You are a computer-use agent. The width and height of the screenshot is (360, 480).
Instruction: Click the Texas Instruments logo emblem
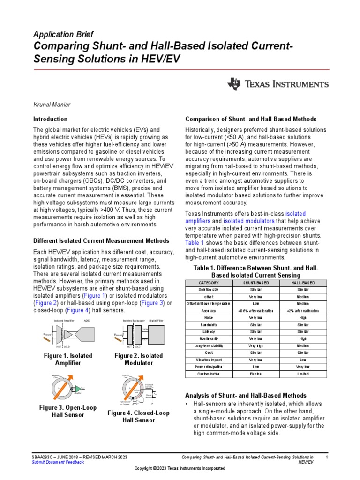point(234,84)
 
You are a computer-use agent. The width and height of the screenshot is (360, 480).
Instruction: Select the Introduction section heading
point(50,119)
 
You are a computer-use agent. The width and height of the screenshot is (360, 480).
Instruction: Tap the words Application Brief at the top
point(63,34)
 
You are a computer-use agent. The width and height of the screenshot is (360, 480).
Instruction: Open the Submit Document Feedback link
point(58,462)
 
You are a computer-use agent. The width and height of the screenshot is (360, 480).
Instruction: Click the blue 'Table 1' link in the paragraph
point(195,243)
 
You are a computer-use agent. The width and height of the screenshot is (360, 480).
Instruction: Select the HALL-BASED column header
point(299,283)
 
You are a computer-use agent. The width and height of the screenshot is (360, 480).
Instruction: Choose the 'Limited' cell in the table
point(299,374)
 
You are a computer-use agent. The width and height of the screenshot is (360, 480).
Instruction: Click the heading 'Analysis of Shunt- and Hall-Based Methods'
point(246,396)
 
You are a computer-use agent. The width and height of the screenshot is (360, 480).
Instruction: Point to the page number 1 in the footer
point(326,457)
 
